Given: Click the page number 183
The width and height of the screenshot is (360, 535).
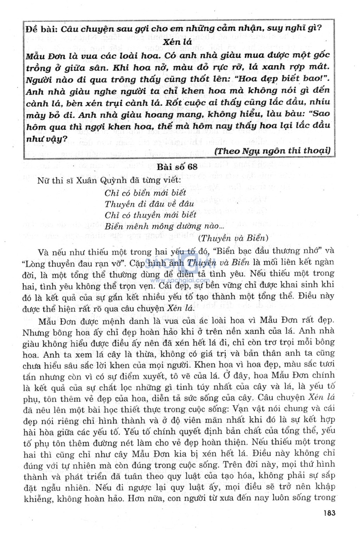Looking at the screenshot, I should pyautogui.click(x=329, y=513).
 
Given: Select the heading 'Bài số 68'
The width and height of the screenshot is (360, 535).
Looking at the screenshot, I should pyautogui.click(x=177, y=167).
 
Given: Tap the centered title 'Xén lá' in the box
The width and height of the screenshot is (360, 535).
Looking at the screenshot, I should pyautogui.click(x=178, y=42).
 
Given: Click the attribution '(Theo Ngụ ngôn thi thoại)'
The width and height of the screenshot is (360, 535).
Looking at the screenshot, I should pyautogui.click(x=272, y=151).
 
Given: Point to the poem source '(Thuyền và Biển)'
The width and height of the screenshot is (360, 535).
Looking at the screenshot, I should pyautogui.click(x=233, y=238).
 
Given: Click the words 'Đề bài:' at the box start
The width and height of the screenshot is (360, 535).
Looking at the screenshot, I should pyautogui.click(x=41, y=29).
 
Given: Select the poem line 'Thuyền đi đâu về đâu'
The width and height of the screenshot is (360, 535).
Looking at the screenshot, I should pyautogui.click(x=149, y=204).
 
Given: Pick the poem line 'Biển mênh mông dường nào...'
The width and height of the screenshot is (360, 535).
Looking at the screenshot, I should pyautogui.click(x=164, y=226).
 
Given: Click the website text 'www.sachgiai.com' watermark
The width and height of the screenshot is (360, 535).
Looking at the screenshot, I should pyautogui.click(x=180, y=280).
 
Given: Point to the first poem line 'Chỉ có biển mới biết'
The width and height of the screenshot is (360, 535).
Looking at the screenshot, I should pyautogui.click(x=145, y=193).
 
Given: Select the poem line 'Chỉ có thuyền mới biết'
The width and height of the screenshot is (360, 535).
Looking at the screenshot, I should pyautogui.click(x=150, y=215).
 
